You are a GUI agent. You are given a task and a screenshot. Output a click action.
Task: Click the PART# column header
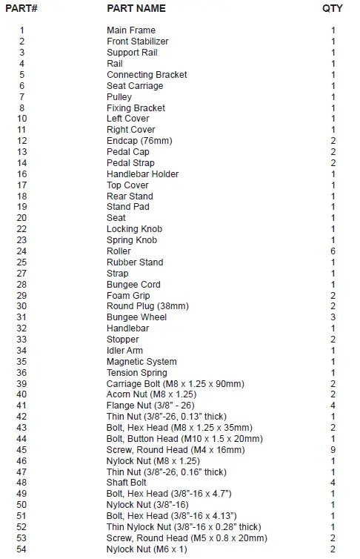point(21,8)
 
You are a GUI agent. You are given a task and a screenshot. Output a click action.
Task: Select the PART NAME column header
point(136,8)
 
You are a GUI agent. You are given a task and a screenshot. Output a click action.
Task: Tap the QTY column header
point(333,8)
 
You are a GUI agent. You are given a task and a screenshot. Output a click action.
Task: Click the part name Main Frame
point(131,30)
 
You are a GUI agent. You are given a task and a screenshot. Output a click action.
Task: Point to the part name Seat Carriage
point(135,86)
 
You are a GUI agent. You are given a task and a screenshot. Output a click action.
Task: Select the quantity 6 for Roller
point(333,251)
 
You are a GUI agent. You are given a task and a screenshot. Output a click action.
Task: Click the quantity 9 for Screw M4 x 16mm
point(333,450)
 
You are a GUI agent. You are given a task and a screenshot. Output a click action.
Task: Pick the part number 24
point(21,251)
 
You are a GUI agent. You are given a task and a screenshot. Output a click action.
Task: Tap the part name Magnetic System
point(141,362)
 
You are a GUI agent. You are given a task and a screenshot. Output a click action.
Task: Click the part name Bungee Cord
point(133,285)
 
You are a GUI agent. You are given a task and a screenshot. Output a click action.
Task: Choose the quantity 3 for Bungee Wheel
point(333,317)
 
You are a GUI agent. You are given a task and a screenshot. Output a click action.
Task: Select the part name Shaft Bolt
point(127,483)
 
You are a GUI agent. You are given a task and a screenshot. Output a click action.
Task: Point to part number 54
point(21,549)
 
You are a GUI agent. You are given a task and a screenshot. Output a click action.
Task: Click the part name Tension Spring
point(137,373)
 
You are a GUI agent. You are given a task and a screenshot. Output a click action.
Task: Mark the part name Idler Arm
point(125,351)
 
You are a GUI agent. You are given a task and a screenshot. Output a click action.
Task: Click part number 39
point(21,384)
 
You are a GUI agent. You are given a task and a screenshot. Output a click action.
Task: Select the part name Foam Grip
point(129,296)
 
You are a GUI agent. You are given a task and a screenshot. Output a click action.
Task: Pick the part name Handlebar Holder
point(142,174)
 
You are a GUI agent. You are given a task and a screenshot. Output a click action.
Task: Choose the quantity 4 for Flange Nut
point(333,406)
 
